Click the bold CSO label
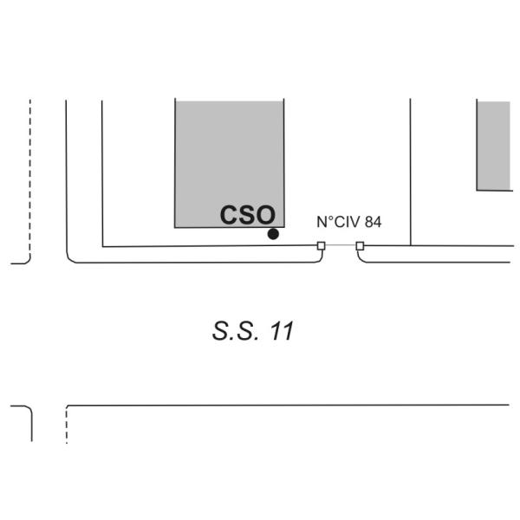[247, 215]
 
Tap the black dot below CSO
[273, 234]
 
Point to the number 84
[374, 222]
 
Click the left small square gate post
[322, 246]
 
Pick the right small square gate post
[360, 246]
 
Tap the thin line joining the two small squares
[341, 246]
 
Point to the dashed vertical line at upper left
[29, 173]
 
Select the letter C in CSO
[229, 215]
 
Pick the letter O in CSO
[265, 215]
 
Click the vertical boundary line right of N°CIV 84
[410, 173]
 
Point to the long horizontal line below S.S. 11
[286, 405]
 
